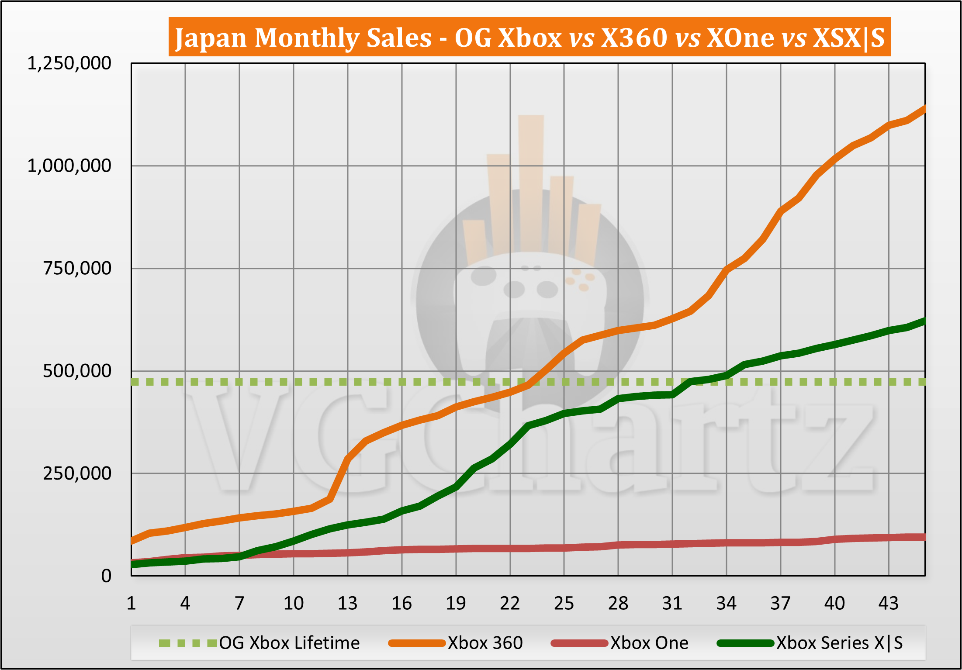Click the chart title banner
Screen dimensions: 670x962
[529, 37]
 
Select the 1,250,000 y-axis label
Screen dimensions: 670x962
[69, 63]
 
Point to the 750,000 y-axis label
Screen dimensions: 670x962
[77, 268]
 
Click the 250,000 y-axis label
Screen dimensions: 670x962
[77, 473]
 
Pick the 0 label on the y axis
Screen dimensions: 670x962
[106, 576]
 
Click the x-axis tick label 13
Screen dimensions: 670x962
[347, 604]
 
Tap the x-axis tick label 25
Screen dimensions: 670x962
[564, 604]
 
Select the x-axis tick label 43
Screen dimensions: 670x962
[888, 604]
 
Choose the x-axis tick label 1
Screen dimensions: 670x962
[131, 604]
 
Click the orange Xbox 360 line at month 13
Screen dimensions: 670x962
[348, 459]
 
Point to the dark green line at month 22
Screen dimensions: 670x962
[510, 445]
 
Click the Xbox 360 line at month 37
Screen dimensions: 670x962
[781, 212]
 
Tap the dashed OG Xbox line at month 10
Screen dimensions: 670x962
[294, 382]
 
